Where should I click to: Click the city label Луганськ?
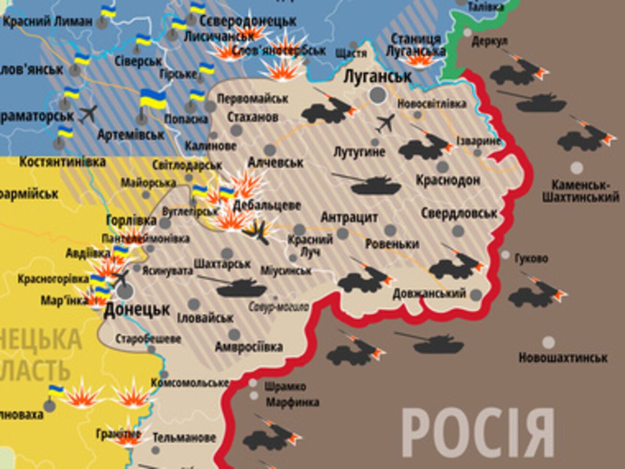coord(378,76)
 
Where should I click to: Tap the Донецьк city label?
coord(137,310)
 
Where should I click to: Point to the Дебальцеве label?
coord(267,205)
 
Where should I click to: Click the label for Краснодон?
coord(448,180)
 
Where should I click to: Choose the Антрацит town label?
coord(349,217)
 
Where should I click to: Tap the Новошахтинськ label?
coord(562,358)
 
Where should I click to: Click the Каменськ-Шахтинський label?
coord(580,191)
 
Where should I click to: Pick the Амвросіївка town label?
coord(249,347)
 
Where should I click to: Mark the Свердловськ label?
coord(459,213)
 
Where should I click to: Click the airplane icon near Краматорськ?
coord(88,114)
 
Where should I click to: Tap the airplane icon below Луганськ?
coord(385,123)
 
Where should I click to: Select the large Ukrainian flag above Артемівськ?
coord(152,100)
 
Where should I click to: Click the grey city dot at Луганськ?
coord(378,95)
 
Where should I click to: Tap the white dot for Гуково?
coord(505,255)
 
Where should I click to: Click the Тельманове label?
coord(184,438)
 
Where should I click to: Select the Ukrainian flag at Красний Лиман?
coord(109,12)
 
